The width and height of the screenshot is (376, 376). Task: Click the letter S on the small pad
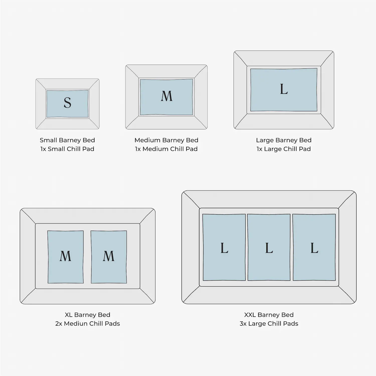67,103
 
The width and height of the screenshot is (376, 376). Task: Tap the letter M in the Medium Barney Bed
167,96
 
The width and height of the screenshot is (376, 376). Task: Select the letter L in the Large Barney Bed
284,89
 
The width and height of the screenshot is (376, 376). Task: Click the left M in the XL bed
65,256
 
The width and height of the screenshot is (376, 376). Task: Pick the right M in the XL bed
109,256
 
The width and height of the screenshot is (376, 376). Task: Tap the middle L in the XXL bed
269,248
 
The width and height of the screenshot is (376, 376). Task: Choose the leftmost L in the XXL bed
224,248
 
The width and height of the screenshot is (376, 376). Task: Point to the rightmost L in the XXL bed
314,248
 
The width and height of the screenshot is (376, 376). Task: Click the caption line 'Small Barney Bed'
67,140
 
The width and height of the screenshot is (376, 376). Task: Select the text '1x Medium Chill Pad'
166,149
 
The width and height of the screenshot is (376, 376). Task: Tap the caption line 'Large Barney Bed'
284,140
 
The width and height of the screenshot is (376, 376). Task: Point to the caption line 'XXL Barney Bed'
269,315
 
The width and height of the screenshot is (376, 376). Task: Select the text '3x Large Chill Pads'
269,324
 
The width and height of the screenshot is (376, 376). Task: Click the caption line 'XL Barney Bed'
87,315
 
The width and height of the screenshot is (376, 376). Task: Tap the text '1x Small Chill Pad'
67,149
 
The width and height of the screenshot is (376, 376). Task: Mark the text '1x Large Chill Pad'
284,149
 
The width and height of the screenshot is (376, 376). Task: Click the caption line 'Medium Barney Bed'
166,140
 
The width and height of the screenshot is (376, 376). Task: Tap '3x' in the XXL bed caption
243,324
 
